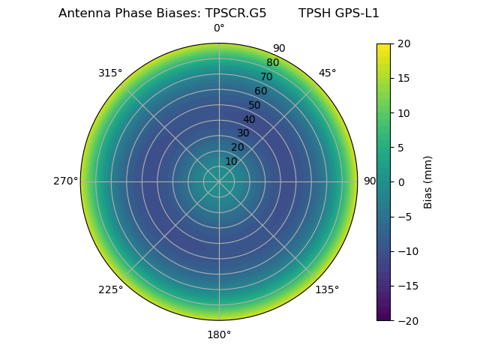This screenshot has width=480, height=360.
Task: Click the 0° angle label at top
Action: click(x=219, y=28)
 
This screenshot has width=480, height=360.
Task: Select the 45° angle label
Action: click(x=328, y=73)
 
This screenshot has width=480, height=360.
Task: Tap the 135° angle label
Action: click(x=327, y=289)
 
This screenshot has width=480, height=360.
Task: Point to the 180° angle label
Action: click(x=219, y=334)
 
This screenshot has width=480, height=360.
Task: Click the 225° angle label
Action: click(x=110, y=290)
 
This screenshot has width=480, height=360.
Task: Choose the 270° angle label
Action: click(x=65, y=181)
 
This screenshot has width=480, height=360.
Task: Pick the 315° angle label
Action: click(x=110, y=73)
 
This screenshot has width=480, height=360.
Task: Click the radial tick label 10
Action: click(x=231, y=161)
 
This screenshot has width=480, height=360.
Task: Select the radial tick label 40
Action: click(x=249, y=119)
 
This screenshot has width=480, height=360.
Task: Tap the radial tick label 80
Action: click(x=272, y=63)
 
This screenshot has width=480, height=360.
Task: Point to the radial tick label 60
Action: click(x=261, y=91)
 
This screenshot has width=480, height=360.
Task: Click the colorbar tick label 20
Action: click(x=403, y=44)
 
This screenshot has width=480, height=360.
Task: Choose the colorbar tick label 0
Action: click(x=400, y=182)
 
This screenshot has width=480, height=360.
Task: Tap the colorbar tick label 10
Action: click(x=403, y=113)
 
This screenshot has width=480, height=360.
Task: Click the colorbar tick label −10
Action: click(x=407, y=251)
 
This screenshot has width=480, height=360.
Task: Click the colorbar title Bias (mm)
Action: click(x=428, y=182)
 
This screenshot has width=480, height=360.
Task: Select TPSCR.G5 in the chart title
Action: click(x=235, y=13)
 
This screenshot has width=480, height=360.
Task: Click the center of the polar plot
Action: click(x=219, y=181)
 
